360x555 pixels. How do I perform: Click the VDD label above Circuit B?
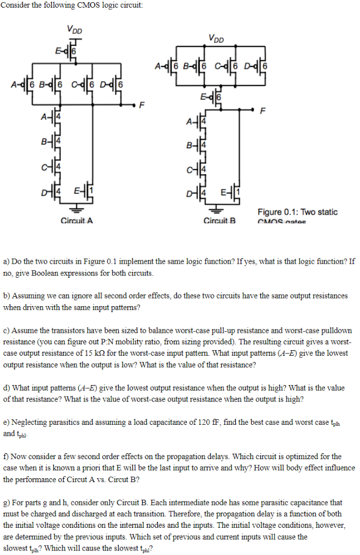(x=216, y=39)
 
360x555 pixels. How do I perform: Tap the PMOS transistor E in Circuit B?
(x=217, y=98)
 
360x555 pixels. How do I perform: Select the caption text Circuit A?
(x=76, y=221)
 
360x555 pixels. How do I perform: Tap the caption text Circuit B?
(x=218, y=221)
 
